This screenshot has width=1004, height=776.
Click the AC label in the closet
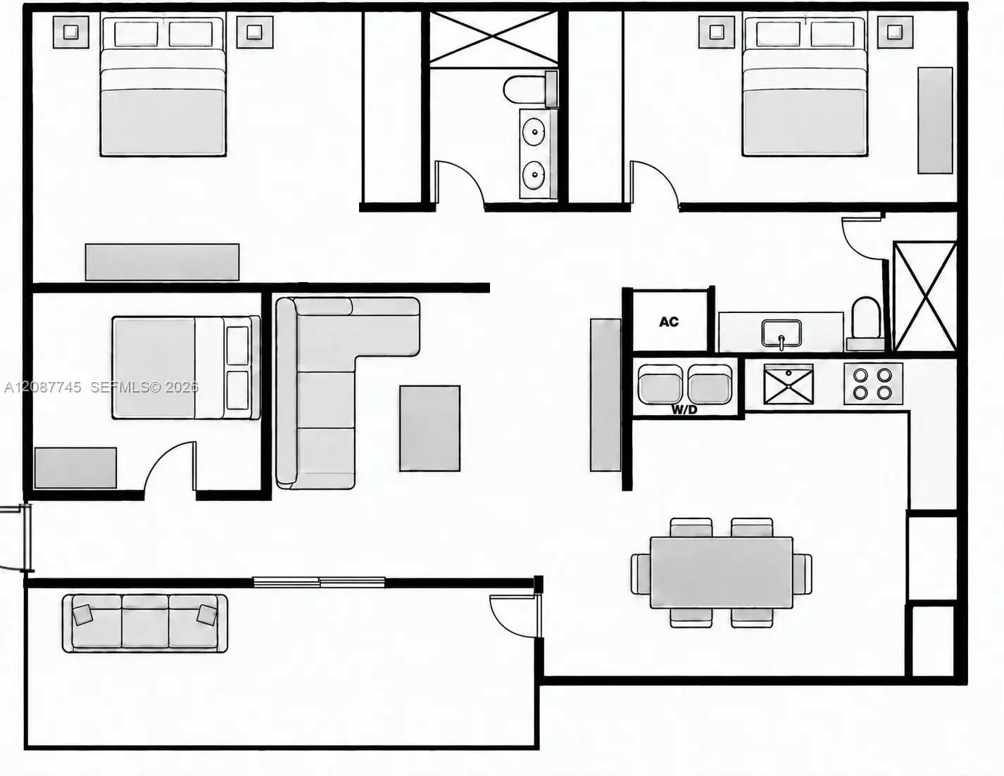point(669,322)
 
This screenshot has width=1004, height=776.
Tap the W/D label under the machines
point(684,409)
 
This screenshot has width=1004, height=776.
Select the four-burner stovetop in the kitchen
point(873,384)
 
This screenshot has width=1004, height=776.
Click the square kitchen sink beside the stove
point(789,384)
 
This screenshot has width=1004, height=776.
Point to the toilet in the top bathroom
point(530,89)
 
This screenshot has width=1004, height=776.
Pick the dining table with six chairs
point(721,573)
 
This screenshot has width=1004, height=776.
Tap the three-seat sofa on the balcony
point(145,623)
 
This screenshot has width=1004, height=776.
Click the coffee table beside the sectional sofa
point(429,428)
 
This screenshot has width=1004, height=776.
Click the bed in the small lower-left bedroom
point(186,368)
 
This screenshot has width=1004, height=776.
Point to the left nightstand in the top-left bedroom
point(70,32)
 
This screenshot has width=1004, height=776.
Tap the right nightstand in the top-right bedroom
point(895,32)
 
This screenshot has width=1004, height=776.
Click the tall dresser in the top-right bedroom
point(935,120)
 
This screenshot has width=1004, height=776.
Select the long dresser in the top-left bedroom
point(162,262)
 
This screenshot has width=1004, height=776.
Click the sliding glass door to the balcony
point(319,582)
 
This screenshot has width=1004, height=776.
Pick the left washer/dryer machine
point(660,384)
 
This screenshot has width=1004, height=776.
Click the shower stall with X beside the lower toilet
point(925,296)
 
